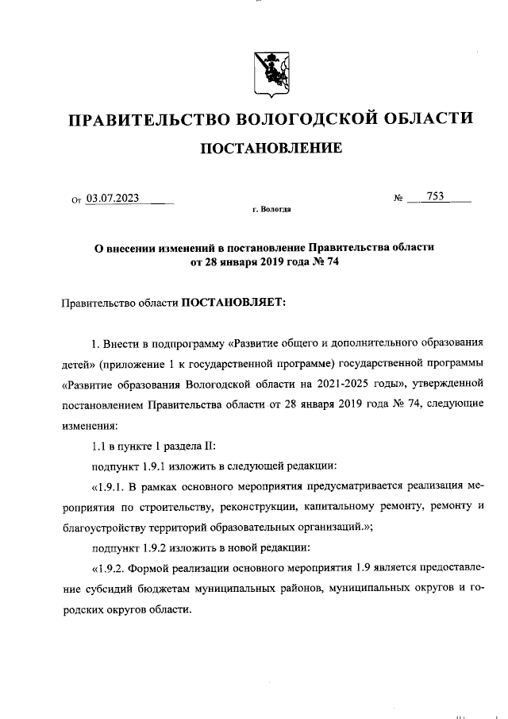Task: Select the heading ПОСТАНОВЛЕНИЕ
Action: [x=270, y=148]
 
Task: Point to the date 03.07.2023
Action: [x=113, y=199]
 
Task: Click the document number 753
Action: [x=435, y=198]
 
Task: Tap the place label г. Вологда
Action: [x=271, y=211]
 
